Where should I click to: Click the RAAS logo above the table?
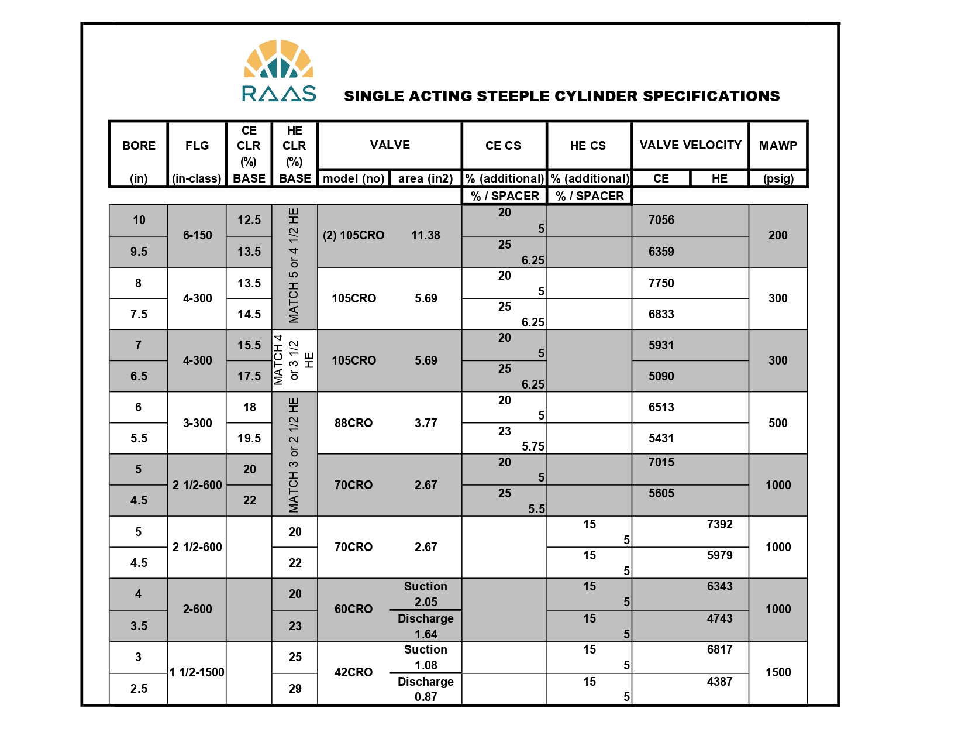click(x=279, y=71)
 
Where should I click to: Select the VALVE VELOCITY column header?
click(x=690, y=145)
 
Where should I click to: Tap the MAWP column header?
click(x=778, y=146)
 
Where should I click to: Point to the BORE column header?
click(x=139, y=146)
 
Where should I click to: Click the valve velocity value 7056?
click(x=661, y=220)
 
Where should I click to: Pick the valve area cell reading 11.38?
click(x=426, y=235)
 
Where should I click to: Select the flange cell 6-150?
click(x=197, y=235)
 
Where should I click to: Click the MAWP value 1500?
click(x=778, y=672)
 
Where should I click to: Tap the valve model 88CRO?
click(x=353, y=423)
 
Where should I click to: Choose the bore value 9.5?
click(x=139, y=252)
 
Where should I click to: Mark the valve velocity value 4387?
click(x=719, y=682)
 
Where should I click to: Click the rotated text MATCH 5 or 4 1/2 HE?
click(x=294, y=266)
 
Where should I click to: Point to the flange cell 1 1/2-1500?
click(x=197, y=672)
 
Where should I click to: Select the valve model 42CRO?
click(x=353, y=672)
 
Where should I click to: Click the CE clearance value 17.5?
click(x=249, y=376)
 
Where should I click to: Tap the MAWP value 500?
click(x=778, y=423)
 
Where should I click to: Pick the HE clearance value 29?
click(x=295, y=689)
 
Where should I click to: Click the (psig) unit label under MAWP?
click(x=778, y=178)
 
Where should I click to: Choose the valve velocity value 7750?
click(x=661, y=283)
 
